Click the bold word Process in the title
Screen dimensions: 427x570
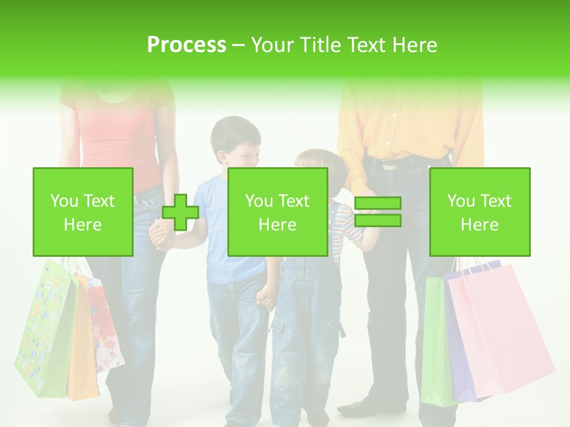(186, 44)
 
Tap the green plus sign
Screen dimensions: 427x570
(180, 212)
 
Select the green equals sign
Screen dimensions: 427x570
(378, 212)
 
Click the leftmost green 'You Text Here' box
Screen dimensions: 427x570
(83, 212)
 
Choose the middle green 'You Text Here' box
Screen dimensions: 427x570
(277, 212)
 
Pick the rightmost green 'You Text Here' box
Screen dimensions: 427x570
(479, 212)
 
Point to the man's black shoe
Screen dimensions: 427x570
(362, 407)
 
